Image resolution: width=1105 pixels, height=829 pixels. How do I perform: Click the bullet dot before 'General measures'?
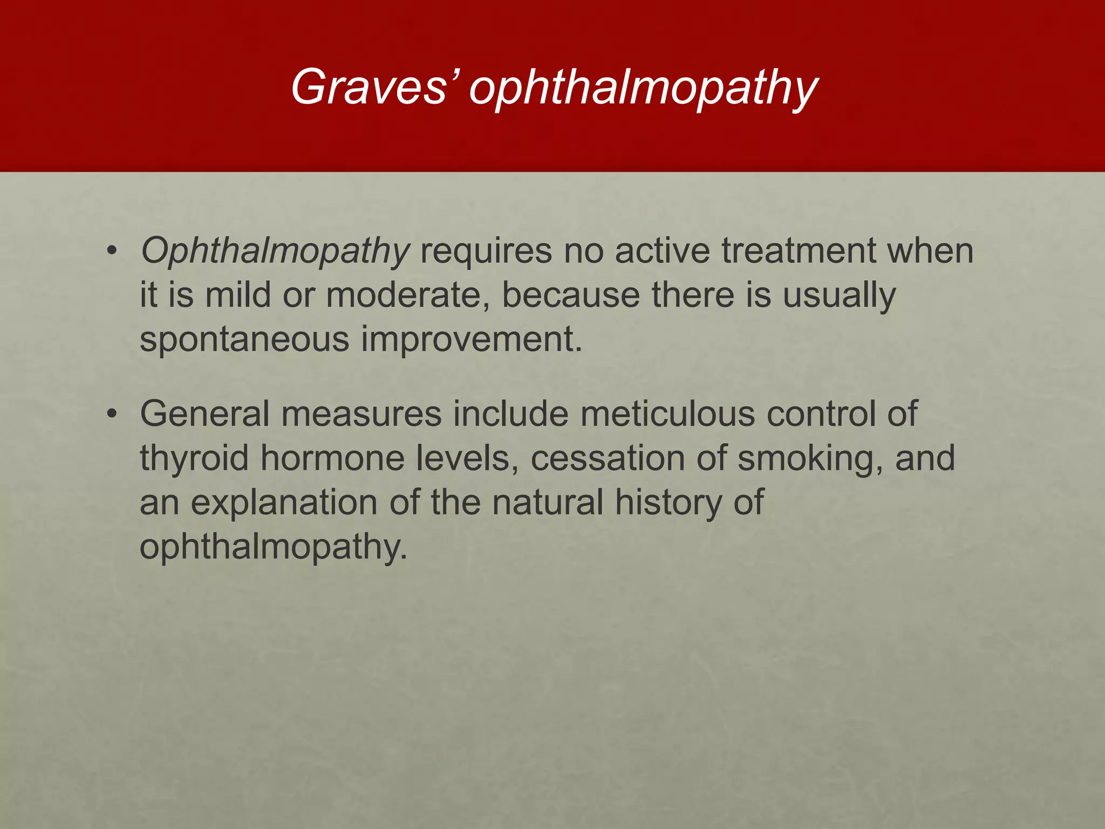pos(112,414)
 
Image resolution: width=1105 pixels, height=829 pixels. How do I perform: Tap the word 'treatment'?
pos(799,251)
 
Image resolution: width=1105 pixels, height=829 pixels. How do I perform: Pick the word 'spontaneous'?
pos(244,341)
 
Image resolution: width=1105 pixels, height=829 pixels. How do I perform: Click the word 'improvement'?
pos(472,339)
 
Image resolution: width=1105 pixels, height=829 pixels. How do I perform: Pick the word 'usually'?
pos(839,296)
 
